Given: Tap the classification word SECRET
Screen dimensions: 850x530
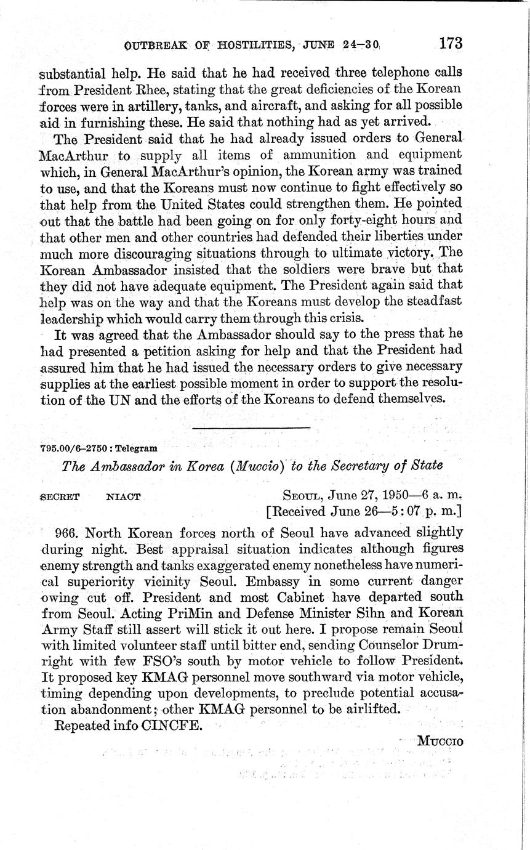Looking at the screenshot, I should coord(59,496).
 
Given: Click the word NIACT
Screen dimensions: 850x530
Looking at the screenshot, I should coord(123,496).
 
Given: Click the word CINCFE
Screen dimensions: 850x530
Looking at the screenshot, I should coord(172,725).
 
